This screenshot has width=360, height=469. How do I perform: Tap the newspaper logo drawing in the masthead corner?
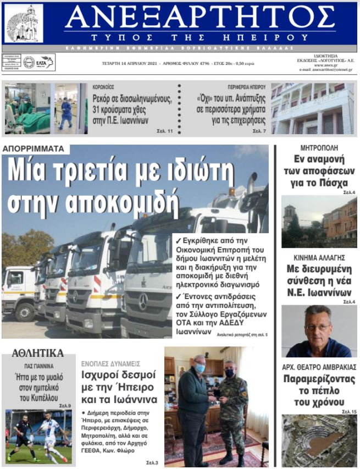point(24,23)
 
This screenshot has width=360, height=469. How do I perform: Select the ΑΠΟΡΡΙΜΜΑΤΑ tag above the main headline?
point(33,149)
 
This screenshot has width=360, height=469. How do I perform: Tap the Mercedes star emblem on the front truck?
point(143,301)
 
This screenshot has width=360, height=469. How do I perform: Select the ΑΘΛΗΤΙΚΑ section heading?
point(37,353)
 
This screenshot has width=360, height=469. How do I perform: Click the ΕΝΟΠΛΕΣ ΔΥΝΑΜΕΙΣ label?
point(110,363)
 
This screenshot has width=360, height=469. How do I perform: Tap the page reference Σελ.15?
point(349,411)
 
